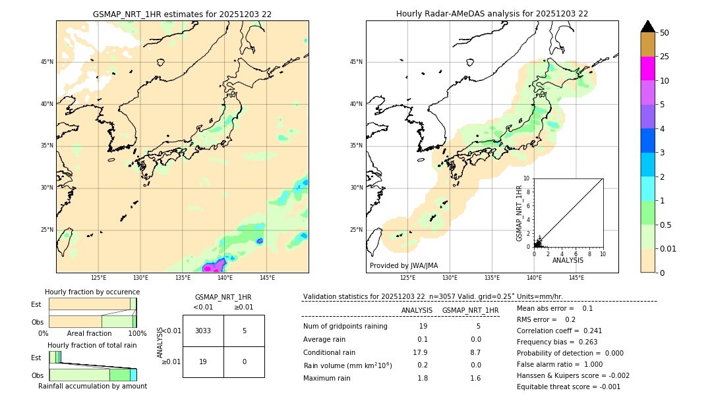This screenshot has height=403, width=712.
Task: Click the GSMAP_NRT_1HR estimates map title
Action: [182, 14]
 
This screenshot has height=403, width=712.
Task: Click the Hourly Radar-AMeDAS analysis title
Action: [492, 14]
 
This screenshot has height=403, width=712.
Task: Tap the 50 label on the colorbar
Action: [665, 33]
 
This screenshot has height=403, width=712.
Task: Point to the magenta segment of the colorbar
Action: [647, 68]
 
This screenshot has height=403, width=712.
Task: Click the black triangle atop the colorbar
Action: [647, 26]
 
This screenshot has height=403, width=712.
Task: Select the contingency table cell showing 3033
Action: [203, 331]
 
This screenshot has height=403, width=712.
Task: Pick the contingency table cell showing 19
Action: [203, 362]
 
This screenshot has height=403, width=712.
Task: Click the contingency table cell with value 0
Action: [244, 362]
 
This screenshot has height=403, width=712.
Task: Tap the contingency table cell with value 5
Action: [244, 331]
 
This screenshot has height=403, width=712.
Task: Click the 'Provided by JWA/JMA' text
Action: [403, 266]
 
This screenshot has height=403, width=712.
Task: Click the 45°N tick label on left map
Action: [47, 62]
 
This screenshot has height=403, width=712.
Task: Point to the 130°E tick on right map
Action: [450, 278]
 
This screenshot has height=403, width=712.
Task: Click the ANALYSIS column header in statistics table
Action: [417, 310]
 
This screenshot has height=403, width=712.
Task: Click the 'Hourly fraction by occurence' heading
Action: [92, 292]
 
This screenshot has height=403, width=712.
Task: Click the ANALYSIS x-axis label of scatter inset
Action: [568, 260]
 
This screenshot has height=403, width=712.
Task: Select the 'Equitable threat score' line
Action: [568, 387]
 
